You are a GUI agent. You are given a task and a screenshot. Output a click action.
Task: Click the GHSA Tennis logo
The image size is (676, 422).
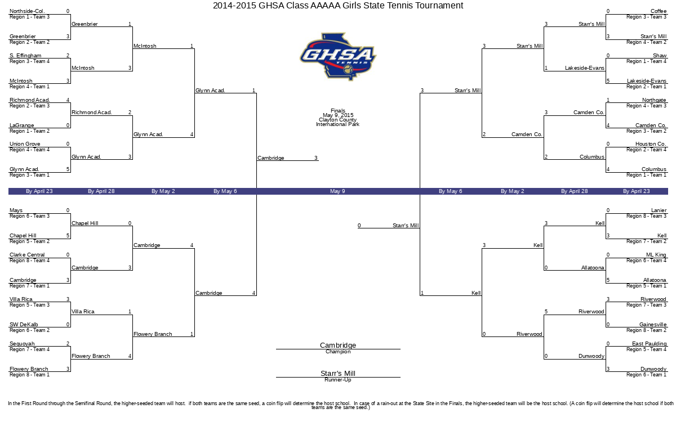pos(338,56)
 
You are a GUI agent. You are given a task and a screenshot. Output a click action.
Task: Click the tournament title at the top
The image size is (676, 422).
pos(338,6)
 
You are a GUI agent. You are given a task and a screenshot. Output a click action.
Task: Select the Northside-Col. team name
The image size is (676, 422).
pos(27,11)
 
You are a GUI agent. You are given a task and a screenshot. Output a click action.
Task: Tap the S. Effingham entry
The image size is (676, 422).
pos(25,56)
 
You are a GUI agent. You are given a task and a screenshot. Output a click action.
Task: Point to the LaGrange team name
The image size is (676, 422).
pos(22,125)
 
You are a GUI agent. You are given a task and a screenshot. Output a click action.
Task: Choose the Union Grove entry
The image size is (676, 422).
pos(25,144)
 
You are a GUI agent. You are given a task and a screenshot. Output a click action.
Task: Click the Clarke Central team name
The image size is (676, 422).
pos(27,255)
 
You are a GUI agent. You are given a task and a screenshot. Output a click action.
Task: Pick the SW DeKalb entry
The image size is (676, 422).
pos(24,325)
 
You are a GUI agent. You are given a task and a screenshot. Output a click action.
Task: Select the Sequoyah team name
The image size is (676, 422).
pos(22,344)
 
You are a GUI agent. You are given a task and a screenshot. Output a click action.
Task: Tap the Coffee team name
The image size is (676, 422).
pos(658,11)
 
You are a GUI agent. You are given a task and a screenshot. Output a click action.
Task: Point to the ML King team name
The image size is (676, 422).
pos(656,255)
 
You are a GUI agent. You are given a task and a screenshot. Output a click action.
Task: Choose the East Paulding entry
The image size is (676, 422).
pos(649,344)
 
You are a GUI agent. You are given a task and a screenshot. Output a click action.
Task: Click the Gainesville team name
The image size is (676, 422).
pos(652,325)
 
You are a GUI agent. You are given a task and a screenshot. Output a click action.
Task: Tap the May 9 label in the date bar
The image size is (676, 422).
pos(337,191)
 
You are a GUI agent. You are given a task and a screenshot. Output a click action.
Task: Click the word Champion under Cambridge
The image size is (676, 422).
pos(338,352)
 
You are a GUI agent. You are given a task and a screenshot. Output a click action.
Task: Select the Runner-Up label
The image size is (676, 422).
pos(338,380)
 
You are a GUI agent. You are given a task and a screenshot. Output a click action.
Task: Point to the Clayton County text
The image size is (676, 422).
pos(337,120)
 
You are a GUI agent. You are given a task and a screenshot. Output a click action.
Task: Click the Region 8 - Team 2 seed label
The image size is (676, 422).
pos(646,330)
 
